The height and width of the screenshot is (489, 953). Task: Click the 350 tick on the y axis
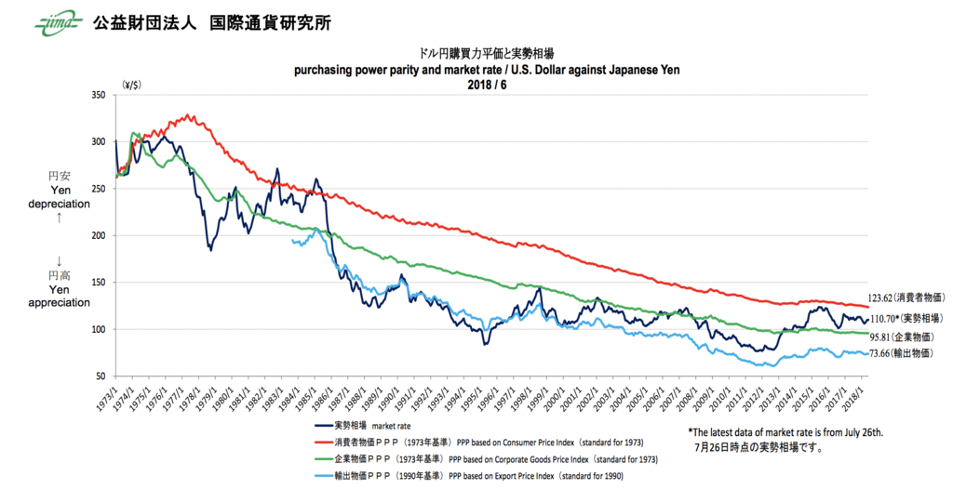pyautogui.click(x=97, y=95)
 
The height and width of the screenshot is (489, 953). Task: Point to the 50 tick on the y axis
pyautogui.click(x=100, y=376)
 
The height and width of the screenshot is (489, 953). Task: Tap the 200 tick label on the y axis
pyautogui.click(x=97, y=235)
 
